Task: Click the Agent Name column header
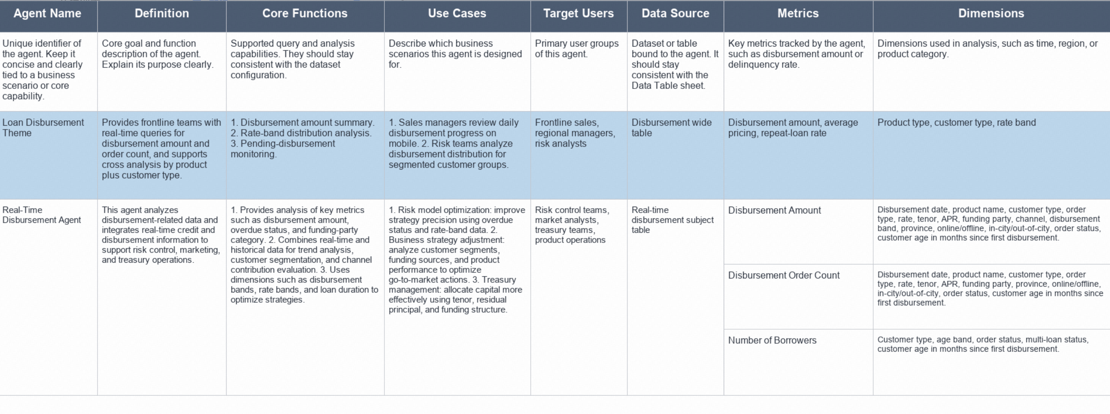pos(47,13)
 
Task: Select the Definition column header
pos(162,13)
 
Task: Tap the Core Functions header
pos(305,13)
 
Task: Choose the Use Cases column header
pos(457,13)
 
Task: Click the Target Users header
pos(579,13)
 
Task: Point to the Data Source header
pos(675,13)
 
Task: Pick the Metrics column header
pos(798,13)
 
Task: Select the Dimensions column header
pos(991,13)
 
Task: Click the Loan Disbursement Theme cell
pos(49,155)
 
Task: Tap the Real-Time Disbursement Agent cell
pos(49,297)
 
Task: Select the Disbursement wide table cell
pos(675,155)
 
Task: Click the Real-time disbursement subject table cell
pos(675,297)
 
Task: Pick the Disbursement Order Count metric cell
pos(798,297)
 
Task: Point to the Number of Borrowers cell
pos(798,362)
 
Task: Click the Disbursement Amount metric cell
pos(798,232)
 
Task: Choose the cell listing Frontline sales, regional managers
pos(579,155)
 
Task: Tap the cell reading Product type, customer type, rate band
pos(992,155)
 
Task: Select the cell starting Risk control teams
pos(579,297)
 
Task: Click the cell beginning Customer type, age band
pos(992,362)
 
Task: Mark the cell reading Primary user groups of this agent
pos(579,72)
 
